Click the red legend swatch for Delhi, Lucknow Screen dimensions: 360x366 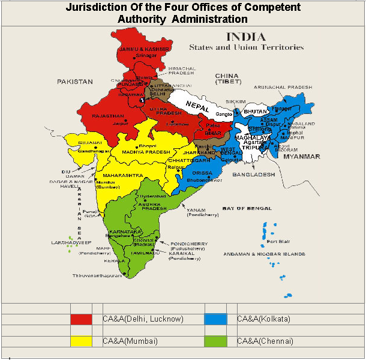point(81,319)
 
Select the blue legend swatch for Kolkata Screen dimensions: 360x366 point(215,319)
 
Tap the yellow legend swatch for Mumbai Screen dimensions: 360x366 point(81,341)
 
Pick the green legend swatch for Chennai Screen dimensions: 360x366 point(215,341)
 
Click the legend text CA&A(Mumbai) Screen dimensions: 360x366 point(130,341)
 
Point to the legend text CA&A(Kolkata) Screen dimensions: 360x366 point(263,319)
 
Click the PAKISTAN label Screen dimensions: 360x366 point(75,80)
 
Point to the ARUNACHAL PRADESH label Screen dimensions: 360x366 point(283,87)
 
